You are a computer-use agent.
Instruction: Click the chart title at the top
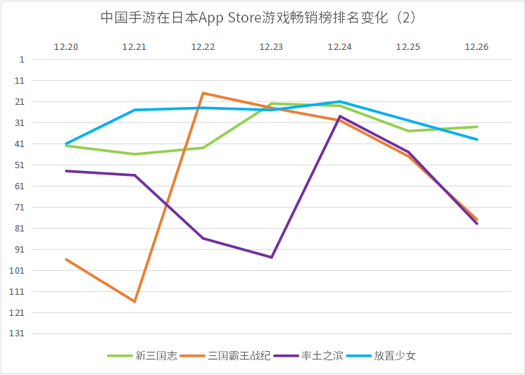262,18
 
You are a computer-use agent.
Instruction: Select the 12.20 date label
66,47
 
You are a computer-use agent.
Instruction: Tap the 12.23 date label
271,47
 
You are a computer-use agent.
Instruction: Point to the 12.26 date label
476,47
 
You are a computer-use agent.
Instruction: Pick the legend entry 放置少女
395,355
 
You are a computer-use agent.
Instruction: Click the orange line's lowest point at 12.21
134,301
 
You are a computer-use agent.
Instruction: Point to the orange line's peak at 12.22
203,93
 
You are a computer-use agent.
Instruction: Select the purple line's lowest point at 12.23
271,257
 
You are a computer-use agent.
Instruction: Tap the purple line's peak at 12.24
339,116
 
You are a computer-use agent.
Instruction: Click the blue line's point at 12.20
66,144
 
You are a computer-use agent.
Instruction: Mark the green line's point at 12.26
476,127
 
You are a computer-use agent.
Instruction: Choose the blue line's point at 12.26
476,139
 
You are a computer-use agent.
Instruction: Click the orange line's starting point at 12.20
66,259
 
